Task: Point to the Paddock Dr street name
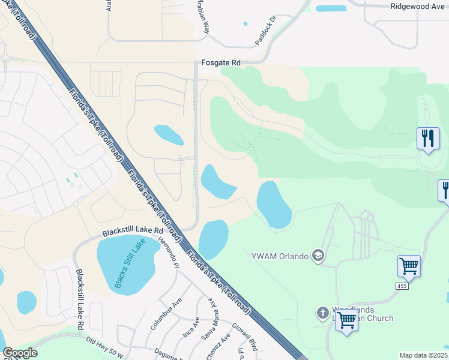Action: tap(264, 30)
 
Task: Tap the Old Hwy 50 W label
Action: tap(104, 345)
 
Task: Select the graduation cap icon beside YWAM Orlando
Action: tap(318, 257)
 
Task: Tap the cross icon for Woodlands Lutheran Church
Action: tap(322, 313)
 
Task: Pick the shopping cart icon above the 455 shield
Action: tap(409, 265)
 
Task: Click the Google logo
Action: tap(20, 353)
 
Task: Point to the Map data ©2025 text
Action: tap(423, 355)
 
